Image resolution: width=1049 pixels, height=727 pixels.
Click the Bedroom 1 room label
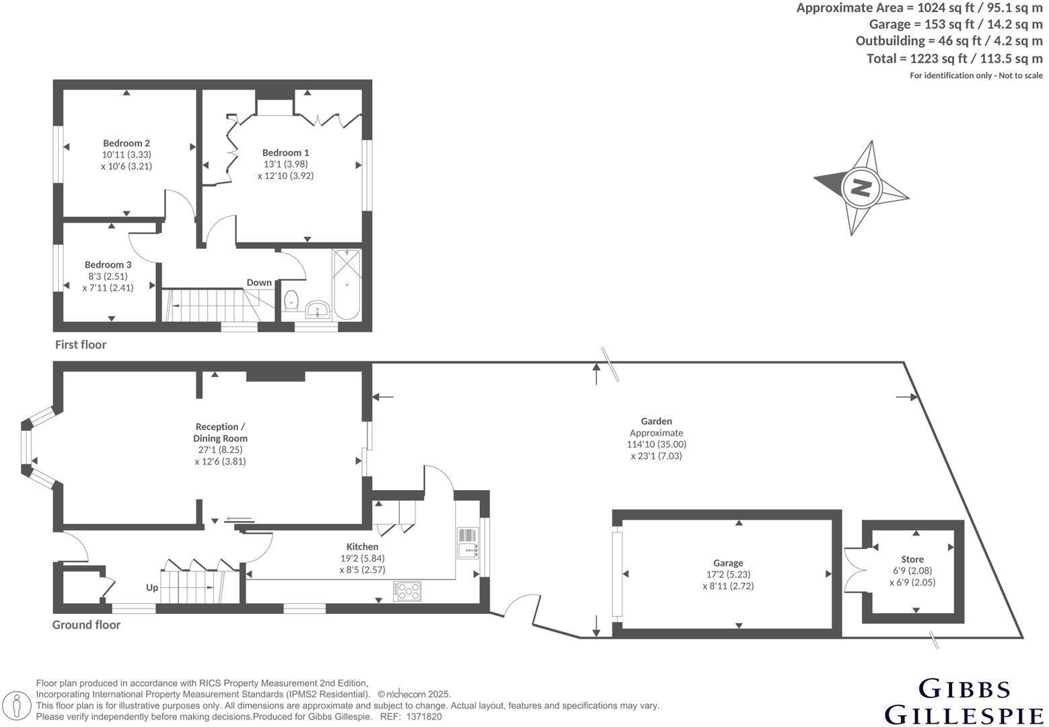click(x=285, y=153)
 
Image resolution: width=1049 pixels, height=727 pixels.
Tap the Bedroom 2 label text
click(x=126, y=143)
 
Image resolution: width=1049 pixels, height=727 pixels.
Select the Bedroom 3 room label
click(x=108, y=265)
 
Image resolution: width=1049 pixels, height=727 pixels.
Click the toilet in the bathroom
click(x=291, y=300)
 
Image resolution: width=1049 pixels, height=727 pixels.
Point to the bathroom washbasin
click(x=317, y=310)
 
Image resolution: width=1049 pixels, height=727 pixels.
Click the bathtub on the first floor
click(x=347, y=284)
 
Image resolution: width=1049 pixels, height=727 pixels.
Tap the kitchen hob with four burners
click(x=408, y=591)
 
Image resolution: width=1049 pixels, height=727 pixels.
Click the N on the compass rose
click(x=860, y=186)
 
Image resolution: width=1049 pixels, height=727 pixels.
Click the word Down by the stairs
click(x=259, y=283)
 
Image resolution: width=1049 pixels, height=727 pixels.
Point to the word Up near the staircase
click(x=152, y=588)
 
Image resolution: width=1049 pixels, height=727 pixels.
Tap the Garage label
click(x=728, y=563)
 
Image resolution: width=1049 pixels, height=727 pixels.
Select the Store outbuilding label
click(x=912, y=559)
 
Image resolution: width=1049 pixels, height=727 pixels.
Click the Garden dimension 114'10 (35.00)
click(x=656, y=444)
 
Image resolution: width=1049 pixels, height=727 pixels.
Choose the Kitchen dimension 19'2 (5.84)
click(x=362, y=558)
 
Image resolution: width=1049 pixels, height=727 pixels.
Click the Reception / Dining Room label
click(x=220, y=432)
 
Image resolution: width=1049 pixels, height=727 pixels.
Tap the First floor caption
click(x=81, y=345)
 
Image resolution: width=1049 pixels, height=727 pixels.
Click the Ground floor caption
click(x=86, y=625)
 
